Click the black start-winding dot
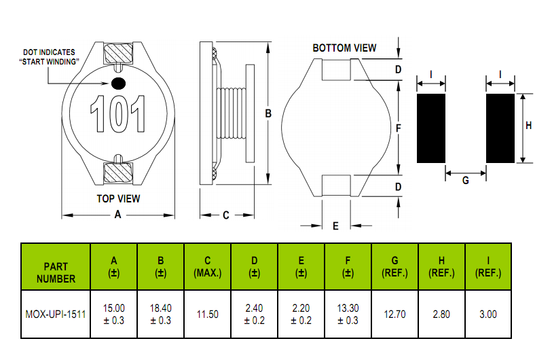pos(119,84)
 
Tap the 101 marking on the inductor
pos(119,114)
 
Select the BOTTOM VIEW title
pos(344,48)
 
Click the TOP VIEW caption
pos(117,198)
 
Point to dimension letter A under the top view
pos(117,215)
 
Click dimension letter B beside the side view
pos(268,114)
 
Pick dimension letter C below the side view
pos(225,215)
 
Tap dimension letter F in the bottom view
pos(399,128)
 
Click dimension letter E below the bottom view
pos(335,226)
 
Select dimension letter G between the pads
pos(465,181)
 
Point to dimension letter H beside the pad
pos(529,126)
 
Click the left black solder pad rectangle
pos(430,128)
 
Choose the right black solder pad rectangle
pos(500,128)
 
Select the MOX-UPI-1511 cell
pos(56,314)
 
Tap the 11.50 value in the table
pos(208,314)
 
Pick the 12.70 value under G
pos(394,314)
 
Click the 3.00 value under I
pos(488,314)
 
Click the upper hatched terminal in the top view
pos(118,55)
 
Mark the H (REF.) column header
pos(441,266)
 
